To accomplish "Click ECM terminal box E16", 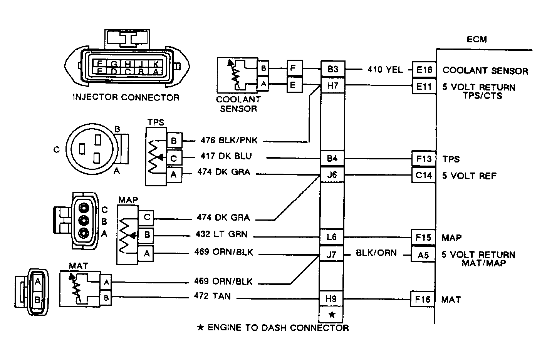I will [424, 70].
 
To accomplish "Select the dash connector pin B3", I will [332, 69].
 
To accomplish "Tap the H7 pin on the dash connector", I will [332, 85].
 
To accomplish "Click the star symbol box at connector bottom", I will [332, 315].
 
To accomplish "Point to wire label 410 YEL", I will [385, 70].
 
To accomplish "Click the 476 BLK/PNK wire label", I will [229, 141].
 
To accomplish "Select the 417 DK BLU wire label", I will [226, 156].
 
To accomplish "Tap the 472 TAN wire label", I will [212, 296].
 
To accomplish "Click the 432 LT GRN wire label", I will [221, 234].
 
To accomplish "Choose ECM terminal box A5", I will [423, 255].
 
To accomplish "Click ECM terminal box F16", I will [423, 299].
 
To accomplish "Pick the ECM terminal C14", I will [424, 176].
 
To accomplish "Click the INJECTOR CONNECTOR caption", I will [126, 97].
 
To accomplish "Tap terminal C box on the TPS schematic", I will [174, 158].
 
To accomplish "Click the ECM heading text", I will [477, 39].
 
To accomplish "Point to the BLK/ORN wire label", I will [376, 253].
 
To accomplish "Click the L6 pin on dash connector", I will [331, 237].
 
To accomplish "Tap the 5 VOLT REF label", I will [469, 176].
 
